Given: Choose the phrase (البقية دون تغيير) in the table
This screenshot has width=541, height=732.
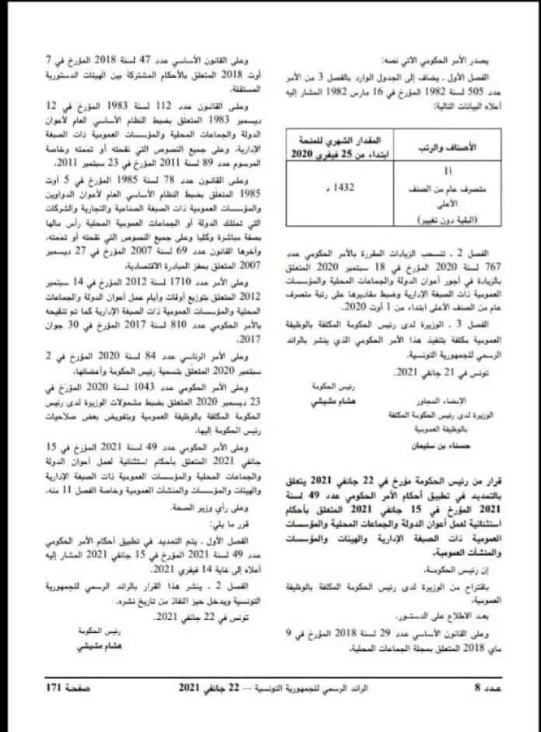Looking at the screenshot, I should pos(459,221).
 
